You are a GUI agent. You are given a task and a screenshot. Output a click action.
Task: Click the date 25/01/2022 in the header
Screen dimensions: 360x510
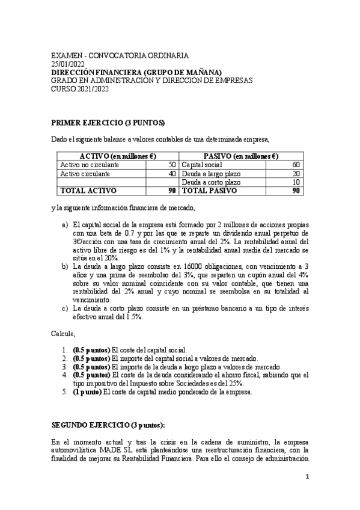click(68, 63)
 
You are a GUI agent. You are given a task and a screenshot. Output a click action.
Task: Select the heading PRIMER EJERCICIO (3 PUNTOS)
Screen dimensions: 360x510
click(108, 123)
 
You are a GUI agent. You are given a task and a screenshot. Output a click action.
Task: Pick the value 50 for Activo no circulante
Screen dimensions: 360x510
click(172, 165)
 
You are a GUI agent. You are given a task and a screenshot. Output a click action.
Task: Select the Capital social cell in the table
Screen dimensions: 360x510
click(202, 165)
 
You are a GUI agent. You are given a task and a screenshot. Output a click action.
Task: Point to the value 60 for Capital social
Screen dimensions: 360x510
click(295, 165)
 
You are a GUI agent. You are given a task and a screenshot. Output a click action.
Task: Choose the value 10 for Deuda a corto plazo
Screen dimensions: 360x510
click(295, 182)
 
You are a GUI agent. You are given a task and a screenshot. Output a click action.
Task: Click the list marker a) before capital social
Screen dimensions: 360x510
click(65, 224)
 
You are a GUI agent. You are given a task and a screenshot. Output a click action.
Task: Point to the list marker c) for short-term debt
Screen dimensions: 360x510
click(65, 308)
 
